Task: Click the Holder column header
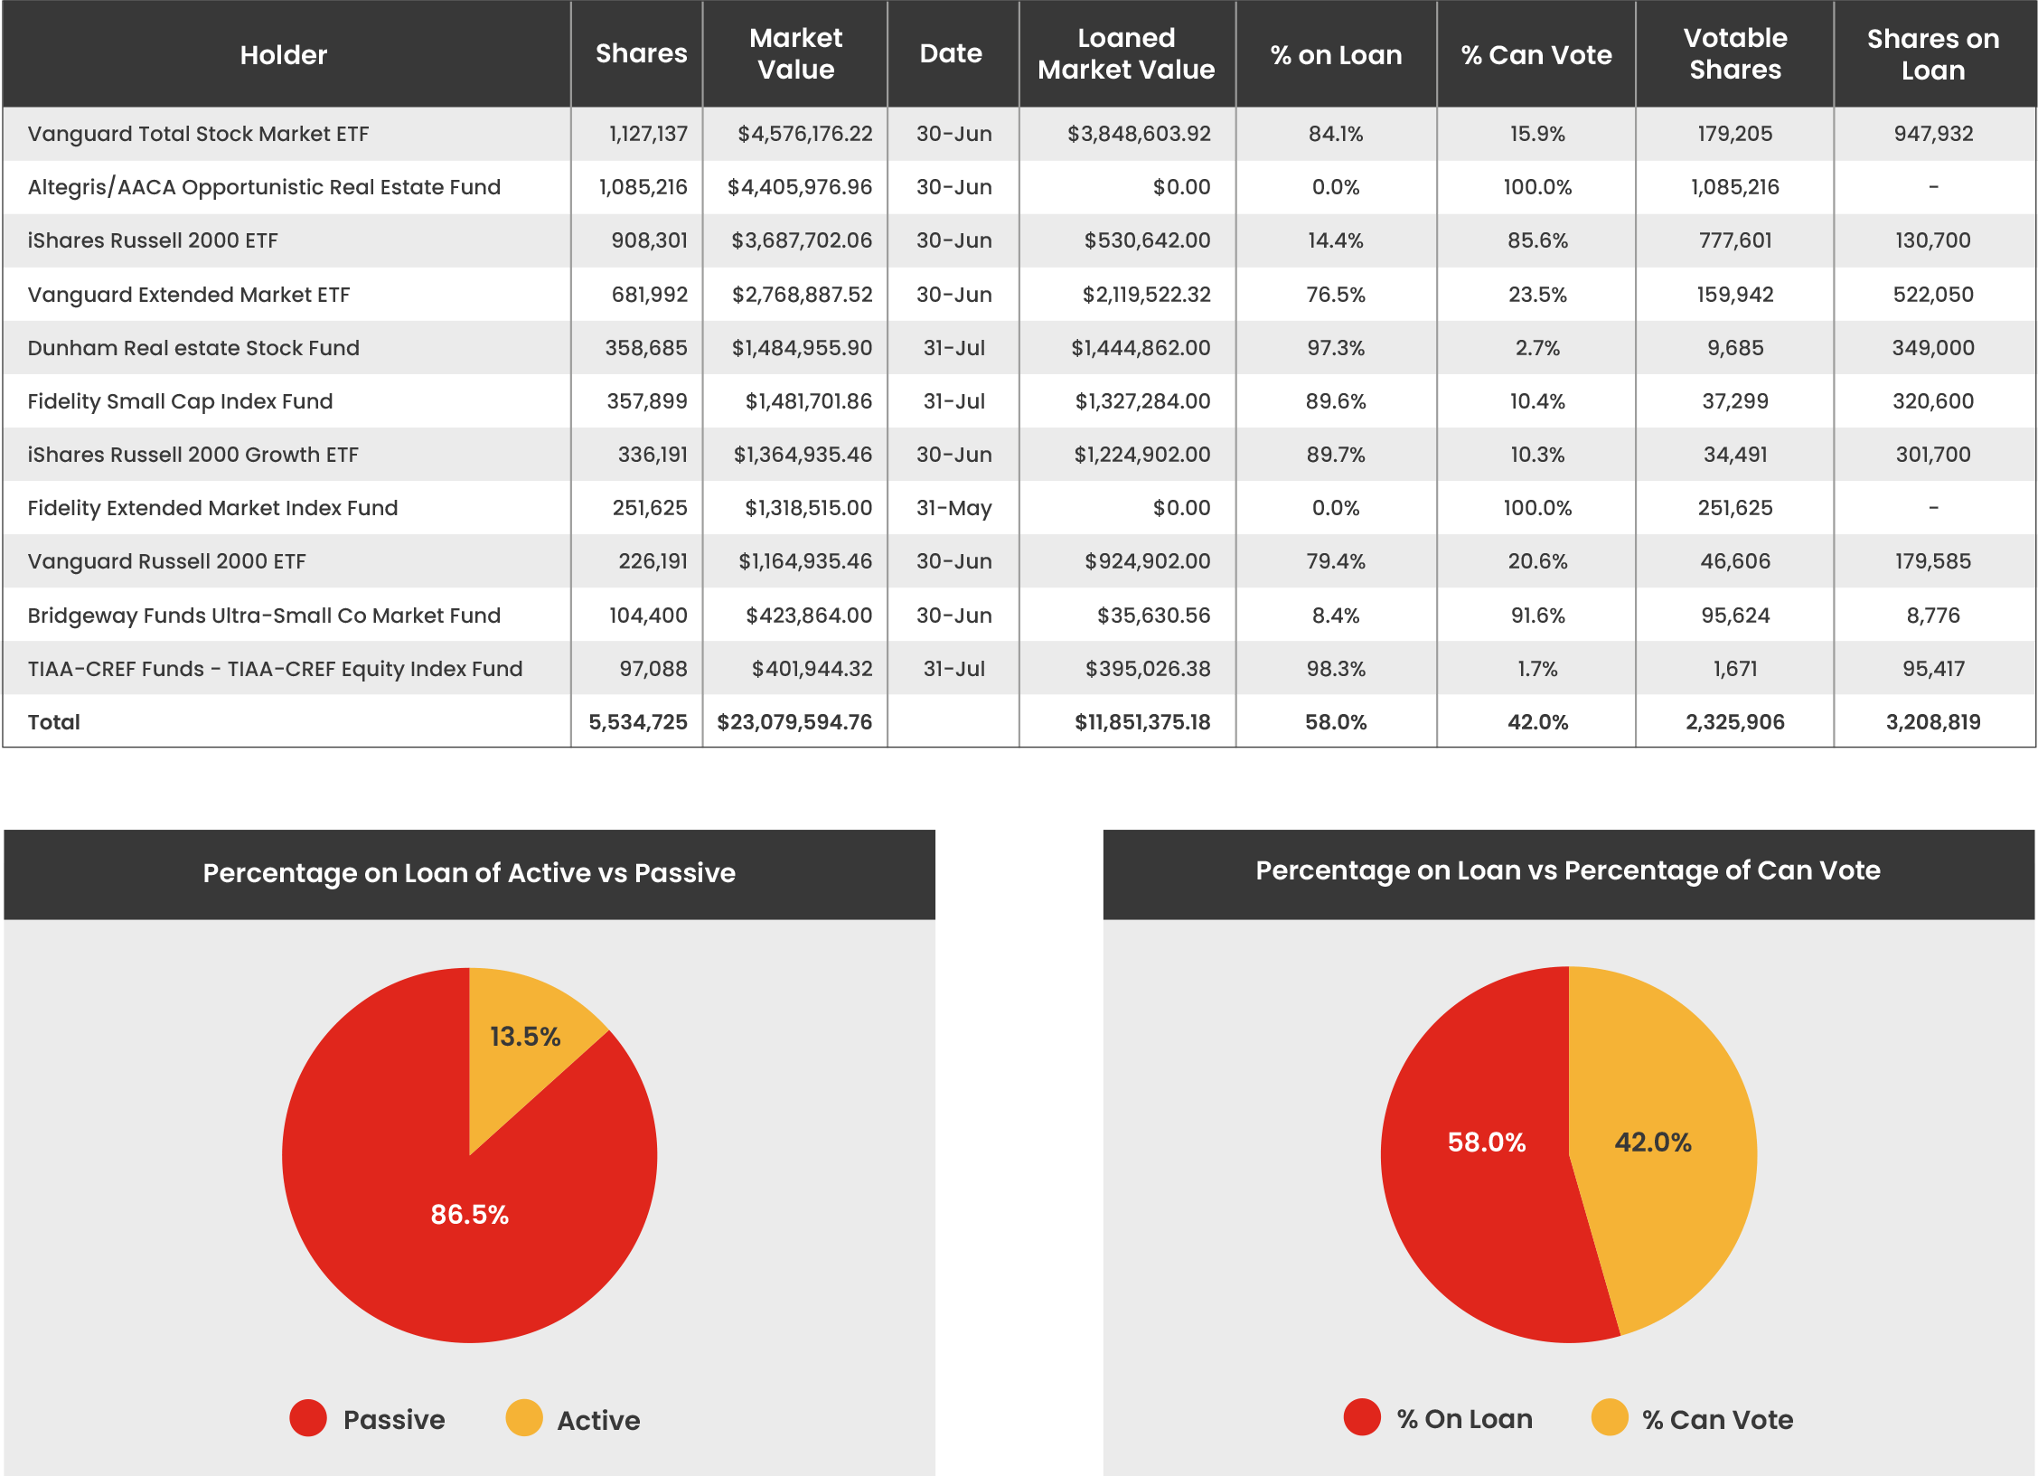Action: [283, 55]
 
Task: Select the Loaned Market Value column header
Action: [1125, 54]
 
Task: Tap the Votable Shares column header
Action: [1734, 54]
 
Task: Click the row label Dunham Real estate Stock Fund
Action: [193, 348]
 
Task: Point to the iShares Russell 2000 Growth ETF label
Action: [193, 455]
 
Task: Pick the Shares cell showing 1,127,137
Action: [648, 134]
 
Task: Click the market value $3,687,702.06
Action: [802, 240]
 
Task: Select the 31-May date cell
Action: [953, 508]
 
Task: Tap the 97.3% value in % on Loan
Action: [1335, 348]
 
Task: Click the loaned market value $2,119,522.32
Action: [1146, 295]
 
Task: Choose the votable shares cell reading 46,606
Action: [1734, 561]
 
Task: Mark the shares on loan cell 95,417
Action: [1932, 669]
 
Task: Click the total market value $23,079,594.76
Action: [794, 722]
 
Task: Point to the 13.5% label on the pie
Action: [525, 1037]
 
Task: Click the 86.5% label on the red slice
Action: [469, 1214]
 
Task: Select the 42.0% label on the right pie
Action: [1652, 1142]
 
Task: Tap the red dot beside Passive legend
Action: [308, 1418]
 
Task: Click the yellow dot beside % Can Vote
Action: [1609, 1417]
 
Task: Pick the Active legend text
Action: [598, 1420]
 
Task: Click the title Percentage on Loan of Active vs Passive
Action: [469, 873]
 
